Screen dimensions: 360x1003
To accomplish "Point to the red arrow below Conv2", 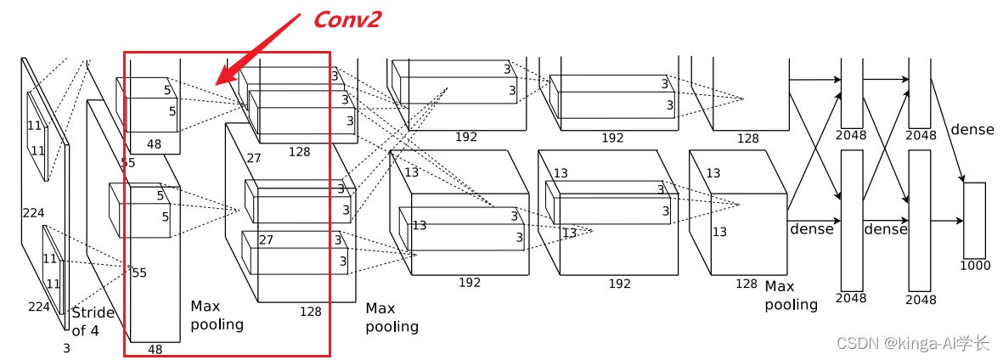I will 255,52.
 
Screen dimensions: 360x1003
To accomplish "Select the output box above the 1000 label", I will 974,220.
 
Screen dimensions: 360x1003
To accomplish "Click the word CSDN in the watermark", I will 857,343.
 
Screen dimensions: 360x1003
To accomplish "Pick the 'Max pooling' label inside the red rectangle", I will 217,314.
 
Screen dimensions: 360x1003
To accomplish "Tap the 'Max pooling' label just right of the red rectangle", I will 392,317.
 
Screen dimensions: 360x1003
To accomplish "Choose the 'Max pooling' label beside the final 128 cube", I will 791,295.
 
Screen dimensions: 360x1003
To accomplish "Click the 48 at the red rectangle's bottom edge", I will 155,348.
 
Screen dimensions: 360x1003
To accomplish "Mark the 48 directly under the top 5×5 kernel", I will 154,144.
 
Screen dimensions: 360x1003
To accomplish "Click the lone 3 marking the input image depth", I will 66,348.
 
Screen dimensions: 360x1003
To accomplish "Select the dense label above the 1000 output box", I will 972,130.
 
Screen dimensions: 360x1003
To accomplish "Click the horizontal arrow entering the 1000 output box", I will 947,221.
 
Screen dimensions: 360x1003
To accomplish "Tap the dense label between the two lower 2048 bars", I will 885,229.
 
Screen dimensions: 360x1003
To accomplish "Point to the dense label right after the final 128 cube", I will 811,228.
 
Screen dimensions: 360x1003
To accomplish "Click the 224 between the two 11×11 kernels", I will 34,213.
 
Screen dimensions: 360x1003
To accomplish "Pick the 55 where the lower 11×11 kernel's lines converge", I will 138,273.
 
